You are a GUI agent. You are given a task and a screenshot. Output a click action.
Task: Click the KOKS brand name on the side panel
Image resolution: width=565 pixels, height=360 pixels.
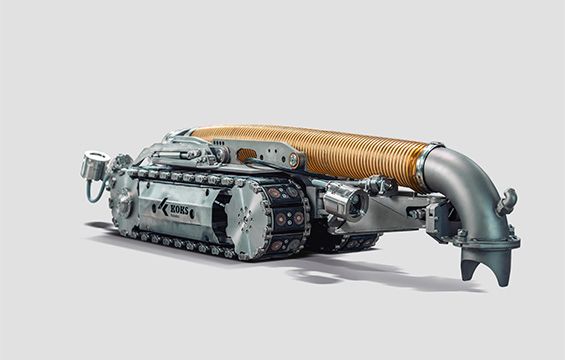(x=179, y=210)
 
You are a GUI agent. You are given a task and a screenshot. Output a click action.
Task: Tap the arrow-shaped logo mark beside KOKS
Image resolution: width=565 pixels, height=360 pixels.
(x=163, y=206)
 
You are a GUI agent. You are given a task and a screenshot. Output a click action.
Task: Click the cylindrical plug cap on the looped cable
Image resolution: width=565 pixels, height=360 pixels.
(x=93, y=164)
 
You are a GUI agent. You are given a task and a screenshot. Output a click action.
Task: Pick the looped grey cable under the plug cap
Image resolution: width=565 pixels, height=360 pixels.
(x=94, y=189)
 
